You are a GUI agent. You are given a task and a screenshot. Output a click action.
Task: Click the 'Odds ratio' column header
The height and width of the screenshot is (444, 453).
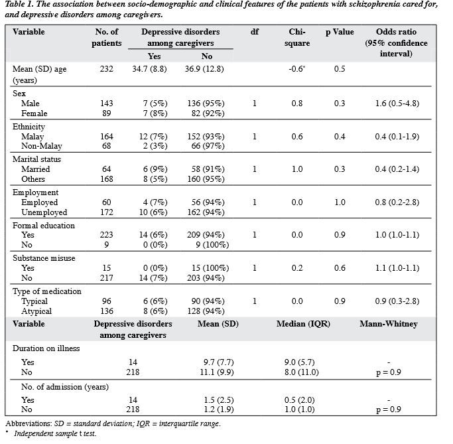click(396, 32)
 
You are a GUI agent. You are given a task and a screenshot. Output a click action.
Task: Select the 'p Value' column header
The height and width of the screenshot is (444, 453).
click(340, 32)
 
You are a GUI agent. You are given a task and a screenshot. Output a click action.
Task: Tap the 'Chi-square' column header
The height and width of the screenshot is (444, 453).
click(297, 37)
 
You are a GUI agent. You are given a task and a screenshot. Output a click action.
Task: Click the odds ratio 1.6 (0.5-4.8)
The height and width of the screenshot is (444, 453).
click(397, 103)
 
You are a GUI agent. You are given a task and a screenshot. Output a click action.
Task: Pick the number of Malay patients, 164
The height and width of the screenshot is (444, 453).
click(107, 136)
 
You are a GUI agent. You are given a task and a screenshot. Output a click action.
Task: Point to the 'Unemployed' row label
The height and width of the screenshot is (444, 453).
click(44, 212)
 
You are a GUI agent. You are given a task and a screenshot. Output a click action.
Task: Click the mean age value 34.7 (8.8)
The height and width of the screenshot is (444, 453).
click(149, 69)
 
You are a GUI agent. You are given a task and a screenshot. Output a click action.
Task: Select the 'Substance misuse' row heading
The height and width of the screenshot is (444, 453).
click(44, 258)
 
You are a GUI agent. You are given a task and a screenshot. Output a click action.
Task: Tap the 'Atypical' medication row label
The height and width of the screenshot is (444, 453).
click(36, 311)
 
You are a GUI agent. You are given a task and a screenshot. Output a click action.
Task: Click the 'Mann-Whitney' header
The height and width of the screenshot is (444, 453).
click(389, 324)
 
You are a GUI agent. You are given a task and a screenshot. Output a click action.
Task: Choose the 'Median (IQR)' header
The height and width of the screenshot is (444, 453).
click(303, 324)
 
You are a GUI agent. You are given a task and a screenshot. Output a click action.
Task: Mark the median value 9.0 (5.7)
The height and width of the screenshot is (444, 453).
click(300, 362)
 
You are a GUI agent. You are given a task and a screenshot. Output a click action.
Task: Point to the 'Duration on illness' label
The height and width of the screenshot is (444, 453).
click(46, 348)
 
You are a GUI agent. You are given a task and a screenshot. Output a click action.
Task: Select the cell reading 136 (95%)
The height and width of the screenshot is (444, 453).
click(206, 103)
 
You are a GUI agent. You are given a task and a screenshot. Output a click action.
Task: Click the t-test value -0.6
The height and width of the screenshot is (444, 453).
click(296, 69)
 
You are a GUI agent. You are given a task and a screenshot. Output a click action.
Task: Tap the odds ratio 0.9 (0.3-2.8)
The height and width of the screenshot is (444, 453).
click(397, 301)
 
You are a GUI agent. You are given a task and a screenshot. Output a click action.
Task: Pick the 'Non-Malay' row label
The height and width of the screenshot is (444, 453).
click(42, 146)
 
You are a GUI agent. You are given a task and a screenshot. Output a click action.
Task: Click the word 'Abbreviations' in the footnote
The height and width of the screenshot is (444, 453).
click(29, 423)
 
